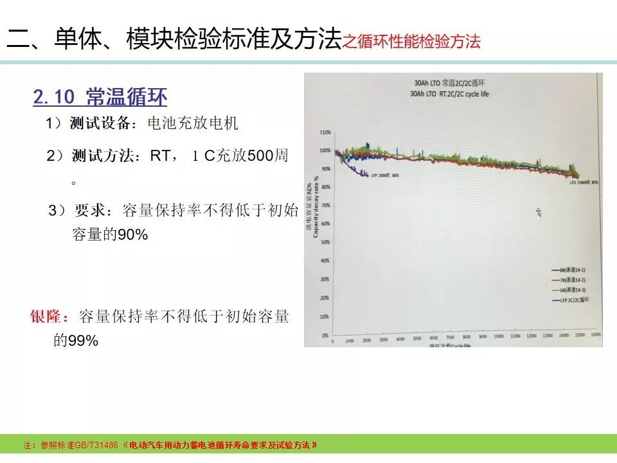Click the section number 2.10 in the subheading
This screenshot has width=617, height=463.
54,97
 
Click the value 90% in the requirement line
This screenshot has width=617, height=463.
133,235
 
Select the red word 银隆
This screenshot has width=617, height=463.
49,317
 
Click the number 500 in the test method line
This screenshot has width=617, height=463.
260,156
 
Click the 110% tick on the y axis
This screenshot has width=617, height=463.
325,132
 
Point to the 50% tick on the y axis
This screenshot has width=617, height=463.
325,242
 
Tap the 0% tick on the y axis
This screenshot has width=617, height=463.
326,335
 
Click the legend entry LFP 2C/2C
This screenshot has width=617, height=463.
573,300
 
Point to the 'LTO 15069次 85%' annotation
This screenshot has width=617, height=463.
584,182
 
